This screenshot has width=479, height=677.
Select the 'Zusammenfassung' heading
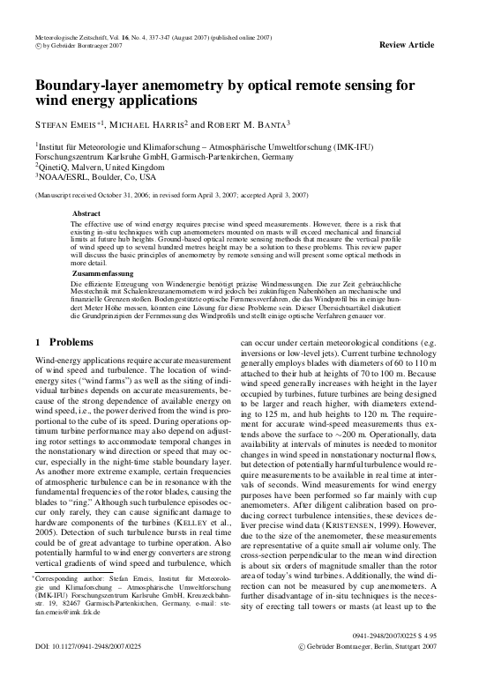pyautogui.click(x=100, y=275)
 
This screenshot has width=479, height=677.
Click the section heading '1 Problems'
pyautogui.click(x=59, y=341)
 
